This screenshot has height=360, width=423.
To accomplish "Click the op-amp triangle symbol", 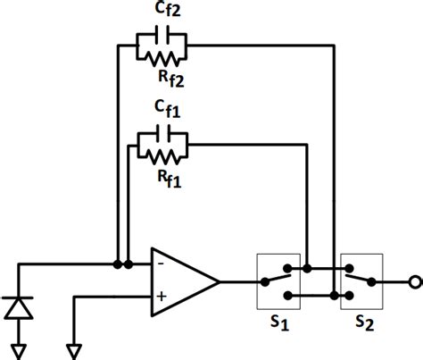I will pyautogui.click(x=183, y=280).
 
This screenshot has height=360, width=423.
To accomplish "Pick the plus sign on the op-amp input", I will pyautogui.click(x=161, y=296).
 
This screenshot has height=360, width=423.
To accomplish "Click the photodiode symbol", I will pyautogui.click(x=20, y=308).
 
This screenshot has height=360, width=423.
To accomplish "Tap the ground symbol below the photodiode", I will pyautogui.click(x=20, y=348).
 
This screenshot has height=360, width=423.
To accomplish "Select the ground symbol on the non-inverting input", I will pyautogui.click(x=76, y=348).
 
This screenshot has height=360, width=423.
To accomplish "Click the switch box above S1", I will pyautogui.click(x=281, y=280).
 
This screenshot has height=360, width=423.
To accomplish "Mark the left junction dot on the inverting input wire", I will pyautogui.click(x=118, y=264).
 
